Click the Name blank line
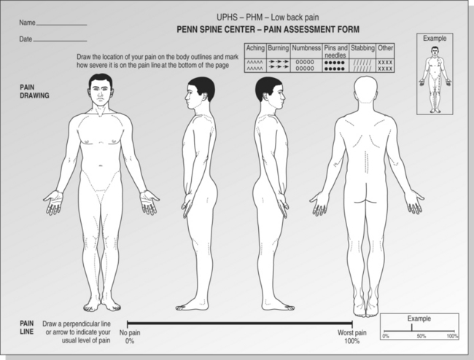61,25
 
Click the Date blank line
60,41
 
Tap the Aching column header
255,48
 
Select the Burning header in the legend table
279,48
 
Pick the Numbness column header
306,48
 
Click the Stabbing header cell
362,48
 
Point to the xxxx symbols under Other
385,66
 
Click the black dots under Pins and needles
334,66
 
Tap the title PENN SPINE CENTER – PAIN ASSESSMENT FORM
268,29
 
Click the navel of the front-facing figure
101,165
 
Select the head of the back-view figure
366,90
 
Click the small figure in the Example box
435,79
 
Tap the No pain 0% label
130,337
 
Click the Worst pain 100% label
352,337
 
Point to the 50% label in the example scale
421,336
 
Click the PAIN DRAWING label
34,91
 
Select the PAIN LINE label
26,327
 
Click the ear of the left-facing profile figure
206,95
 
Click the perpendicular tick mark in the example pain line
411,328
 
